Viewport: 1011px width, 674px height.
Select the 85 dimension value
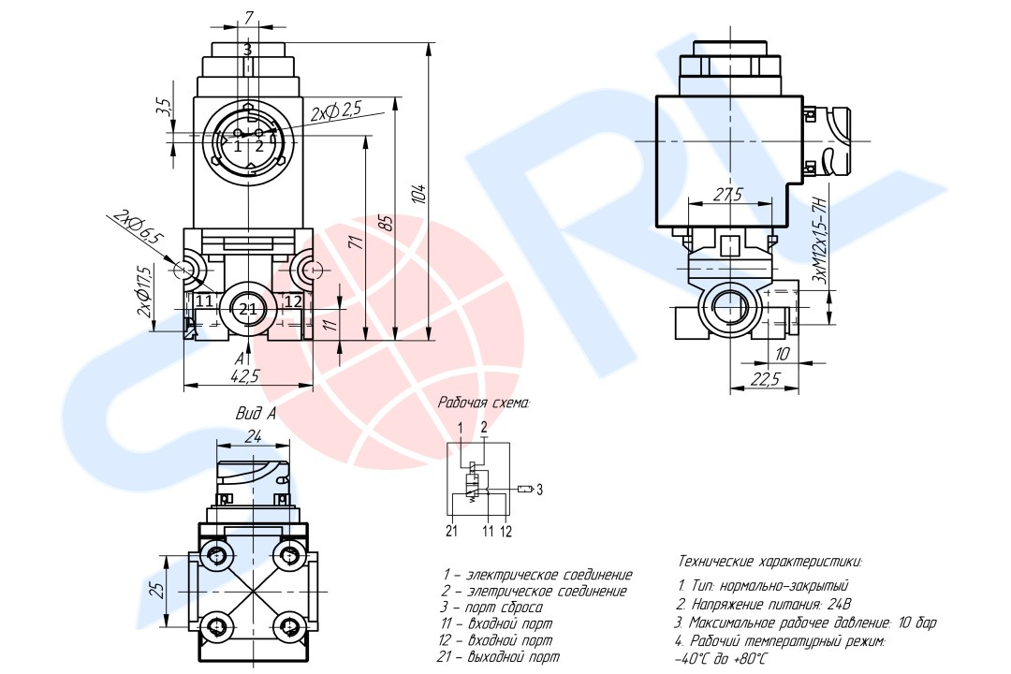click(386, 225)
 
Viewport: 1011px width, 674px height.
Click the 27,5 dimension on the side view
click(727, 195)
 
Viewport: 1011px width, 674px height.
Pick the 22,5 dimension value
click(766, 378)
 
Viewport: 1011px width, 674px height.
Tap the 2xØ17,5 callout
click(144, 292)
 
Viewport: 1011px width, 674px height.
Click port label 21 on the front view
click(247, 308)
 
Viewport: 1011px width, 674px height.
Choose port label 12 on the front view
click(293, 301)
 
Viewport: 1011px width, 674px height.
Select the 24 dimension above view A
click(254, 436)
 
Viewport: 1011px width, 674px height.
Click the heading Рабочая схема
click(484, 403)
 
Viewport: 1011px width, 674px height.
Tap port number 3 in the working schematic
click(539, 488)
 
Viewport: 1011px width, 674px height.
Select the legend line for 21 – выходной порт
click(502, 658)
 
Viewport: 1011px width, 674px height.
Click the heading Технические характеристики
click(769, 562)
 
